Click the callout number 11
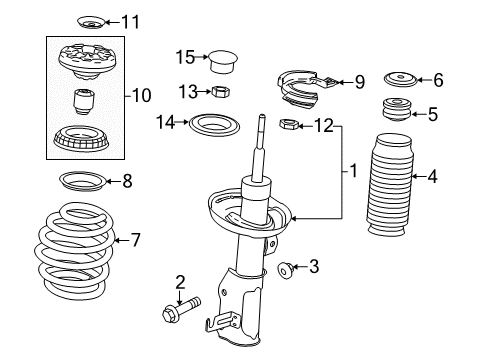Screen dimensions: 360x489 131,21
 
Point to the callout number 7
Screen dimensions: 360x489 137,239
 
